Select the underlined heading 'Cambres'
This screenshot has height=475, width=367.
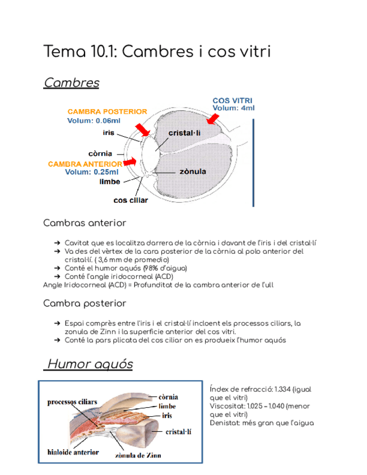tap(71, 83)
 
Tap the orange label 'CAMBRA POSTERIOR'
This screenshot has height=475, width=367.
tap(107, 111)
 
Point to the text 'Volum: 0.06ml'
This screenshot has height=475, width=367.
tap(94, 120)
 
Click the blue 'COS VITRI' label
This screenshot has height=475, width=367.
tap(232, 101)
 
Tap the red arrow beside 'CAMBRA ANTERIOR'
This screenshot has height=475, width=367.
tap(130, 161)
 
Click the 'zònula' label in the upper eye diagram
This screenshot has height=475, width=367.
tap(193, 171)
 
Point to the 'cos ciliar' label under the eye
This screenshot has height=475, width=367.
tap(131, 200)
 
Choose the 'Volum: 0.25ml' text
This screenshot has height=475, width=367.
tap(92, 172)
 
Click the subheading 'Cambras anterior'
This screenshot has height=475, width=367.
tap(85, 223)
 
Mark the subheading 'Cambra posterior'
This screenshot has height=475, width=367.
tap(85, 303)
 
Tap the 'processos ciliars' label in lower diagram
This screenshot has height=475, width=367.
tap(72, 402)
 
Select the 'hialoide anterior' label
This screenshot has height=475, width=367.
tap(71, 450)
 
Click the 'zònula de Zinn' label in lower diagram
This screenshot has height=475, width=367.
tap(138, 455)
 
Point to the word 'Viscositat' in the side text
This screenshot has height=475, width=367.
tap(227, 406)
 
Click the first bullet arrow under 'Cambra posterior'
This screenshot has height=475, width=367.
tap(58, 323)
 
